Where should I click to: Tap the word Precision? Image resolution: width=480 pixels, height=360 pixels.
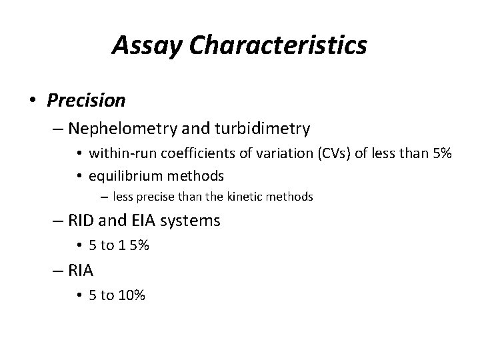pyautogui.click(x=86, y=100)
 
